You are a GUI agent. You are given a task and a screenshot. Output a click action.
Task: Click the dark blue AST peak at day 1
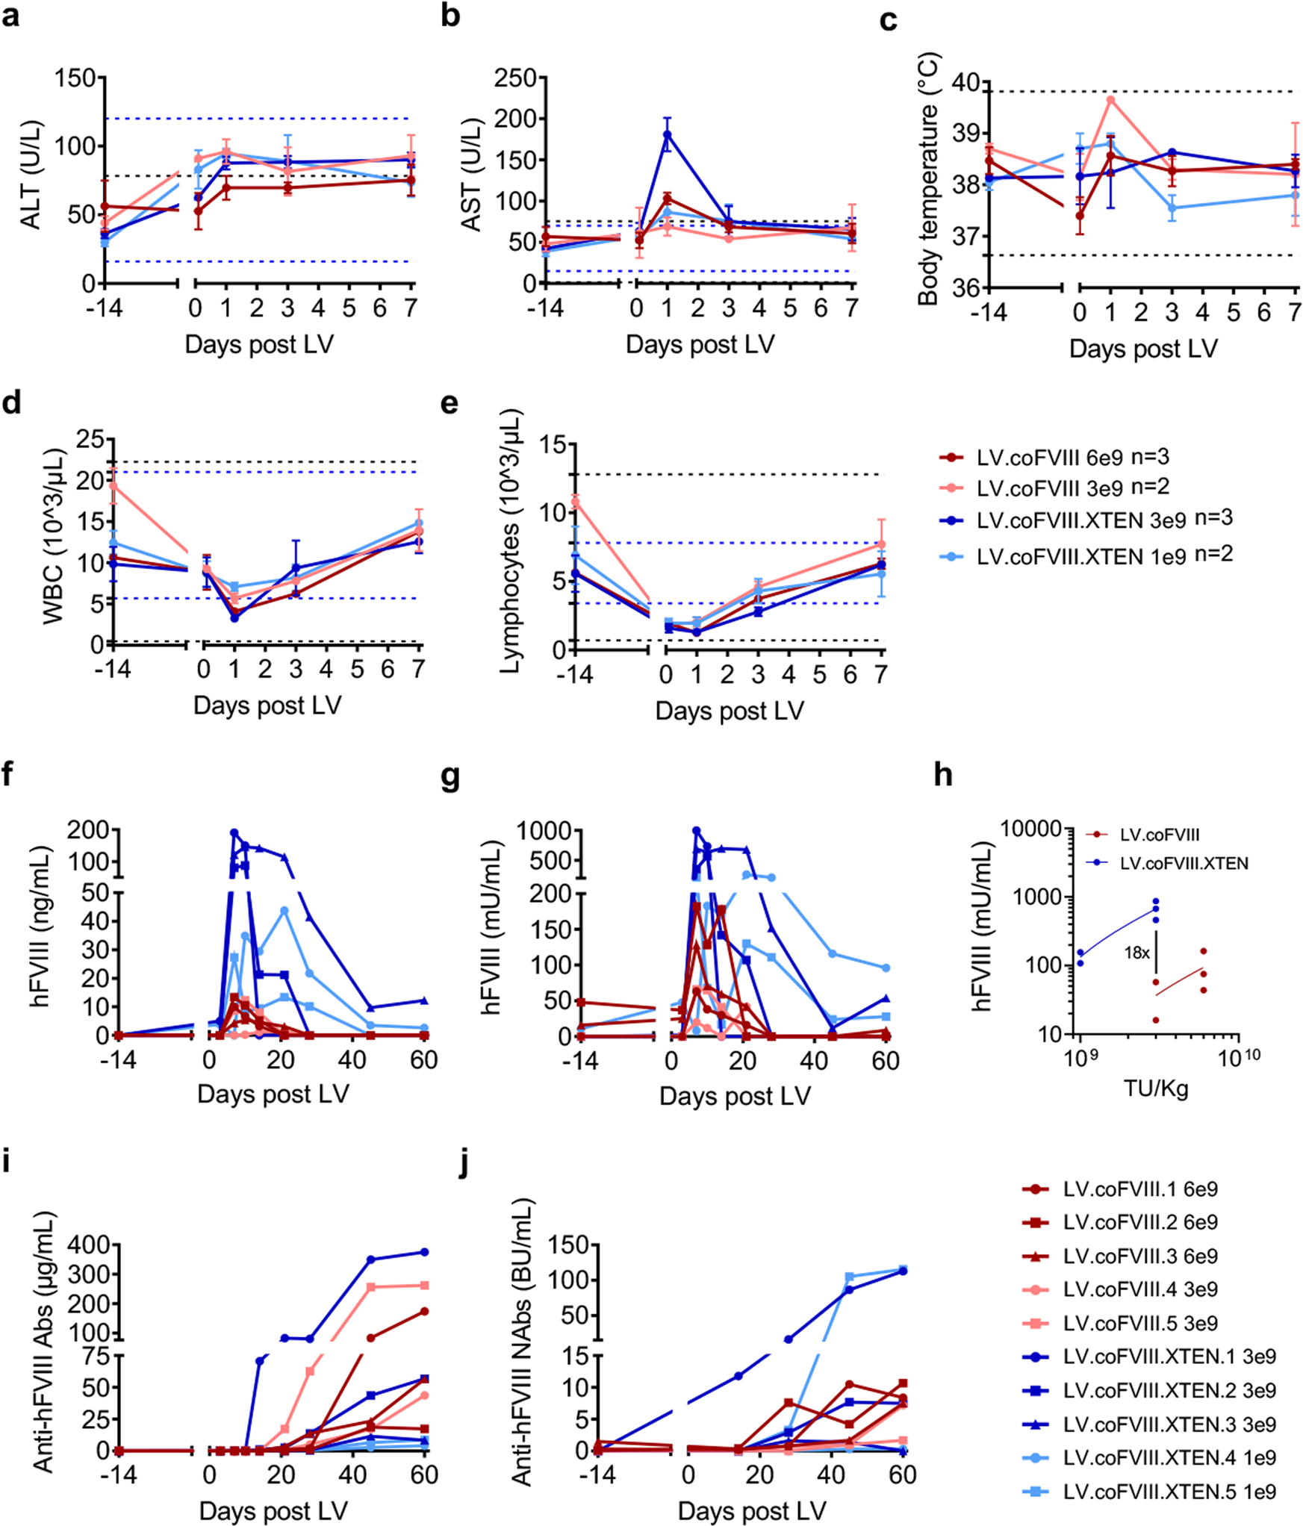click(x=667, y=135)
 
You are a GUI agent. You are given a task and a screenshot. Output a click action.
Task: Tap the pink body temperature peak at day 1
click(x=1110, y=100)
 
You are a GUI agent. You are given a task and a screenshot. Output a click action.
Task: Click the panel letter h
click(x=943, y=776)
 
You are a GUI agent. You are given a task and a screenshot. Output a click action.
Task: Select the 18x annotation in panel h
click(x=1136, y=953)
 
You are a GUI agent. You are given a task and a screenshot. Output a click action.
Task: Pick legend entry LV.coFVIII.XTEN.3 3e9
click(x=1169, y=1424)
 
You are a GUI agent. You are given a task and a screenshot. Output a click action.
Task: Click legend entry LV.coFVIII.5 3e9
click(x=1139, y=1324)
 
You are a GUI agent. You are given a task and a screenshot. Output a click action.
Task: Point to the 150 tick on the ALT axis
click(x=75, y=78)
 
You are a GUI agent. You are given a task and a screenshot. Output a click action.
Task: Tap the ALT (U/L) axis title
click(x=31, y=175)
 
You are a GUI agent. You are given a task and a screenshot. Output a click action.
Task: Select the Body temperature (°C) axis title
click(x=927, y=179)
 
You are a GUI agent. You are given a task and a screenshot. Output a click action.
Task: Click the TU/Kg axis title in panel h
click(x=1156, y=1089)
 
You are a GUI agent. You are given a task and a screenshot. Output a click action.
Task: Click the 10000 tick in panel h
click(x=1031, y=829)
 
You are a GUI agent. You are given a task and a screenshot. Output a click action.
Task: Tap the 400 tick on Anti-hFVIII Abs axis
click(x=89, y=1245)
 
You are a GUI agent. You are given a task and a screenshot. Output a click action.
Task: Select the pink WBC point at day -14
click(x=113, y=486)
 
